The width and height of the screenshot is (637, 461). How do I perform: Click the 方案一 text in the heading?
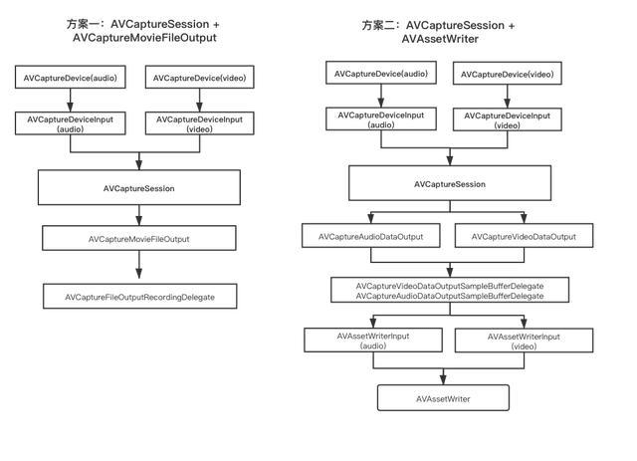[x=83, y=24]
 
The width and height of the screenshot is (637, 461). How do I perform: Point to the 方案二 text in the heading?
[x=378, y=25]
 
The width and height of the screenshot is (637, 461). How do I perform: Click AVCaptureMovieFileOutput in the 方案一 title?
[x=144, y=38]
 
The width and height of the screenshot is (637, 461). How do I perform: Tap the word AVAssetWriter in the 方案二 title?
[x=440, y=39]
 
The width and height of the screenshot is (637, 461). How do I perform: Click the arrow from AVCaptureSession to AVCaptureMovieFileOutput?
[x=139, y=215]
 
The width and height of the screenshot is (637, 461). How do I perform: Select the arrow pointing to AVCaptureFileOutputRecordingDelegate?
[x=139, y=265]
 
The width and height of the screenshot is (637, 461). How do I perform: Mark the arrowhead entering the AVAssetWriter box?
[x=443, y=379]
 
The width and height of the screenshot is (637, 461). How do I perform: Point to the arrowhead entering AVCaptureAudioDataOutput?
[x=371, y=218]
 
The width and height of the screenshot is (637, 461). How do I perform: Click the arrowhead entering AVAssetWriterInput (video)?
[x=524, y=324]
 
